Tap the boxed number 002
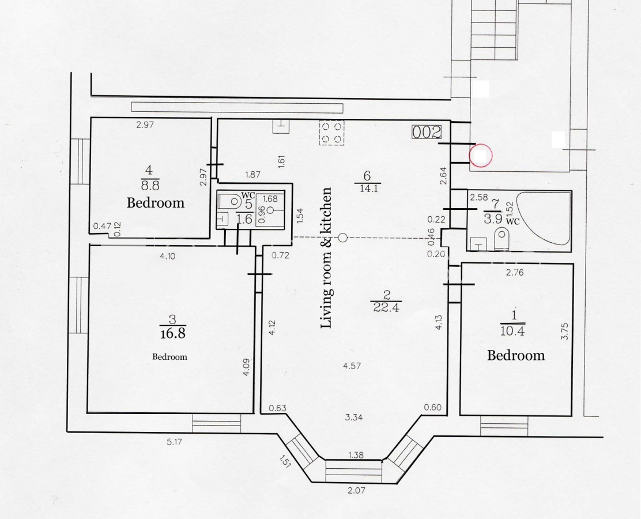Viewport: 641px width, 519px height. (x=427, y=133)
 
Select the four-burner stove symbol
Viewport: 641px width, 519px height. (x=331, y=133)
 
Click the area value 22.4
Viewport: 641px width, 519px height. (x=386, y=307)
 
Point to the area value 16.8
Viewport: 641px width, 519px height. (x=172, y=333)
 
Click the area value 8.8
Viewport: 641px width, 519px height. (x=150, y=186)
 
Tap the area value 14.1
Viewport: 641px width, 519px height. (x=368, y=188)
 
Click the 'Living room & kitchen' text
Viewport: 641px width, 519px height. (x=326, y=258)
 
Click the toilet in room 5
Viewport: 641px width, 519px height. (x=230, y=201)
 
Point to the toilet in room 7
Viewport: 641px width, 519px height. (x=502, y=239)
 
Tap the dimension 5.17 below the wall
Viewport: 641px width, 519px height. (x=174, y=442)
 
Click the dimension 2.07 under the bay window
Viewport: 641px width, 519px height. (x=356, y=490)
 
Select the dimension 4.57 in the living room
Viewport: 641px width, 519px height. (x=352, y=366)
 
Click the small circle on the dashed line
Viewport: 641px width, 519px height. (x=343, y=238)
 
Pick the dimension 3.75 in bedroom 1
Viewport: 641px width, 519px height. (x=565, y=331)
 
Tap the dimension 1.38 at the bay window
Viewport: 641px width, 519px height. (x=356, y=455)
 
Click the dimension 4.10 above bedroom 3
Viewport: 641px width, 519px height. (x=168, y=257)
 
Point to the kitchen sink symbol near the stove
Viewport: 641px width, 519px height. (x=280, y=126)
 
